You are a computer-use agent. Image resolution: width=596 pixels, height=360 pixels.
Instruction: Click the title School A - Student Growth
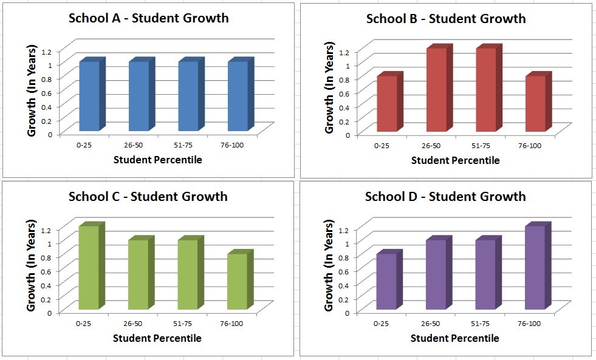pos(148,18)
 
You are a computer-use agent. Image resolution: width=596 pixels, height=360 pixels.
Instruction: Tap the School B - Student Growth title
pos(446,18)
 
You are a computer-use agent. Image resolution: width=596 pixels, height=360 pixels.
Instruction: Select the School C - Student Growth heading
pos(148,196)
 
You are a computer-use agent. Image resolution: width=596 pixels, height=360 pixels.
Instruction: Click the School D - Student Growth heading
pos(445,196)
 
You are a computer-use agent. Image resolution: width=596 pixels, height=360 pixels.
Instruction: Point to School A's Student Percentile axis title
pos(157,160)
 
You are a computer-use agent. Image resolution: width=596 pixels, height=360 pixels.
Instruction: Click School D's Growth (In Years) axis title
pos(329,266)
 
